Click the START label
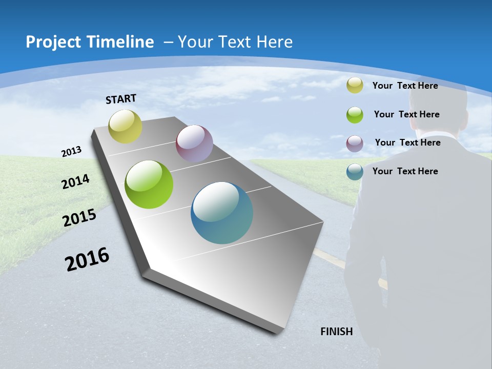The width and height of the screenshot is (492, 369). [x=121, y=99]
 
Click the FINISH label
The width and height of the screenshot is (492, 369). [x=337, y=332]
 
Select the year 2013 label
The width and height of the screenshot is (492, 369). [x=72, y=152]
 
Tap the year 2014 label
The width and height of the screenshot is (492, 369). [x=76, y=181]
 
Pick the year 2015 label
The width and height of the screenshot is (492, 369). [x=79, y=218]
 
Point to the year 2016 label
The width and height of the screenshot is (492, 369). [x=87, y=259]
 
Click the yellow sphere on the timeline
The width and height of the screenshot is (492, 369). [x=126, y=126]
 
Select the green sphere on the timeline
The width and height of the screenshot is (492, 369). [x=149, y=184]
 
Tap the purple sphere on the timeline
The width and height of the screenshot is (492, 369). [x=194, y=143]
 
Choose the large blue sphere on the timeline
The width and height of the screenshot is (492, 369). [x=222, y=213]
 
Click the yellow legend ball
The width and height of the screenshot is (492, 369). [x=355, y=86]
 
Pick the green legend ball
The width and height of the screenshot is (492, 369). [x=355, y=115]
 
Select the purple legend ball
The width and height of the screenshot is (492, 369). [x=355, y=143]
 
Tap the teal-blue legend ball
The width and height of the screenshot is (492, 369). [x=355, y=172]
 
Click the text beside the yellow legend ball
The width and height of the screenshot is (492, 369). [x=405, y=86]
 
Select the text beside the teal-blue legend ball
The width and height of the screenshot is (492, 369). [x=405, y=171]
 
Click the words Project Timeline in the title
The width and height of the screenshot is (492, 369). [x=90, y=42]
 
